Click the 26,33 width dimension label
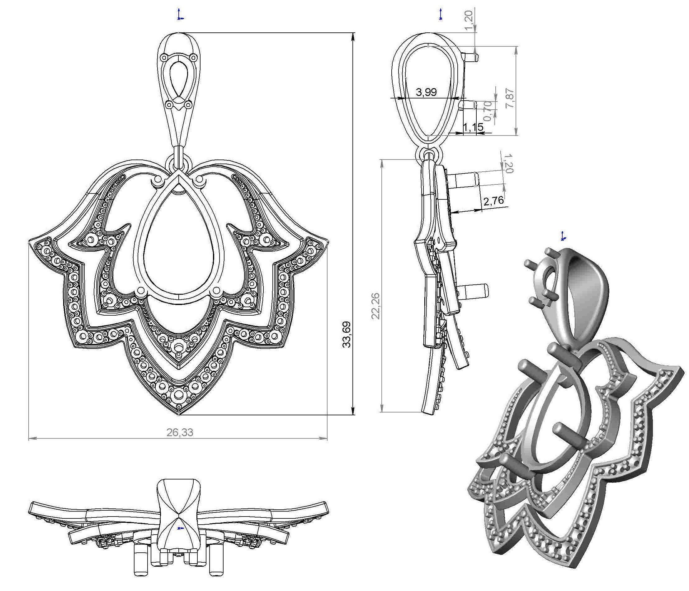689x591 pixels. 180,432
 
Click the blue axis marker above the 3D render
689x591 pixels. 563,236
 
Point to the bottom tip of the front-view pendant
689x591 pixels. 180,415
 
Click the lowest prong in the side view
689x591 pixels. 479,289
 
